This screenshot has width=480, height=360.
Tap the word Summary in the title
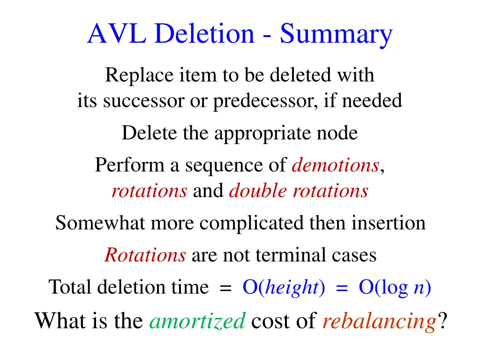pos(336,34)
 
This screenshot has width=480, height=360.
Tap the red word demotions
pos(335,165)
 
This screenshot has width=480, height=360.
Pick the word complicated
pos(253,223)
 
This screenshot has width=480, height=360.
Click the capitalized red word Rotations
pos(145,255)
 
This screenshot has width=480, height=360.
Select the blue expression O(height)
pos(284,287)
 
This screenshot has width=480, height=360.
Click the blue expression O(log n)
pos(395,287)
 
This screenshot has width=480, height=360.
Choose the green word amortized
pos(197,321)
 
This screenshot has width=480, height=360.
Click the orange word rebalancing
pos(379,321)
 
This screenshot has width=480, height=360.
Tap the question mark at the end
pos(442,321)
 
